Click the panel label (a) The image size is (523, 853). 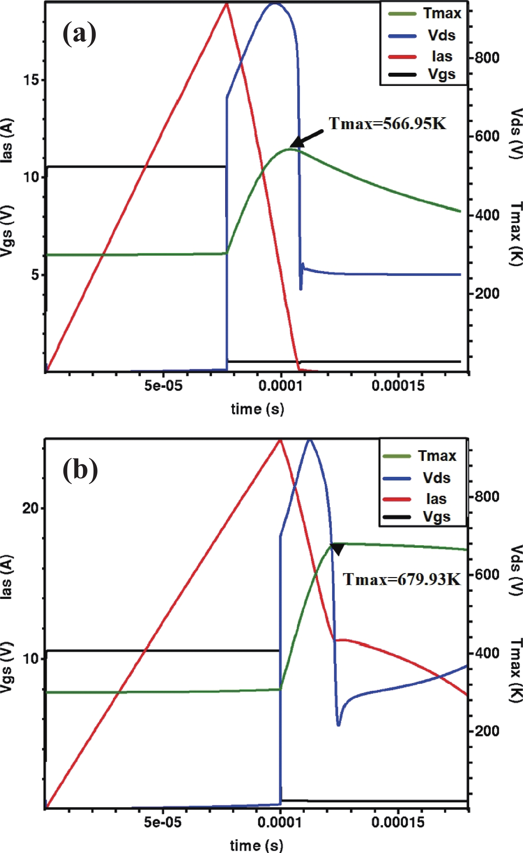point(79,34)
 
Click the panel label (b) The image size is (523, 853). point(80,470)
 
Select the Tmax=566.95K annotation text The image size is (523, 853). point(387,124)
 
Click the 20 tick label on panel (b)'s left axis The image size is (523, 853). point(30,509)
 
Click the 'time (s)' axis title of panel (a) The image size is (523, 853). point(257,409)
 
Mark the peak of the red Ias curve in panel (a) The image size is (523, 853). point(226,4)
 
